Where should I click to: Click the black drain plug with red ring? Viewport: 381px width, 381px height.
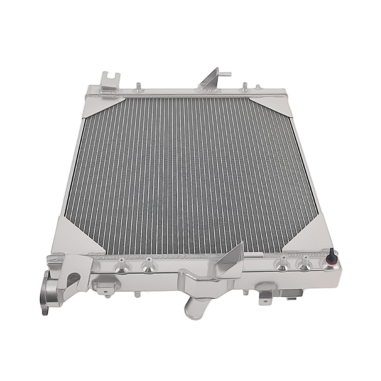331,258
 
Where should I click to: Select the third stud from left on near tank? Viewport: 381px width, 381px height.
282,263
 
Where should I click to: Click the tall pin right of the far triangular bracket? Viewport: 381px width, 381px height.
244,86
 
